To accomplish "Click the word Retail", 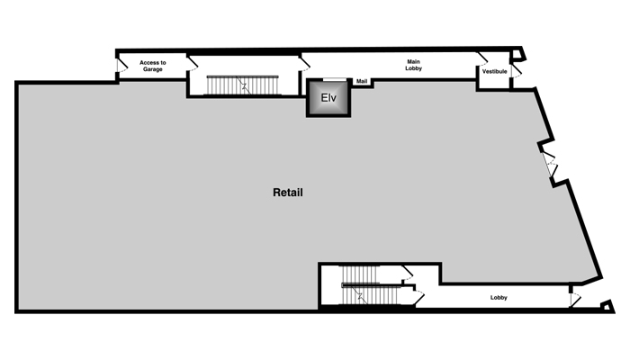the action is (288, 193).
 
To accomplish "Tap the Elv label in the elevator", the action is (328, 97).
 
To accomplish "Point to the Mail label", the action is (362, 81).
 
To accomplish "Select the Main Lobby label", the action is (413, 65).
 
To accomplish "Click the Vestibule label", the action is (495, 71).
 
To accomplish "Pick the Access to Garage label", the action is (153, 66).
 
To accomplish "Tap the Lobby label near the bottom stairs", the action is (499, 298).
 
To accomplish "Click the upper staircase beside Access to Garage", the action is (242, 85).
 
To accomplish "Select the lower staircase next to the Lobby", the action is (368, 285).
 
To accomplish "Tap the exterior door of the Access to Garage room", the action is (121, 66).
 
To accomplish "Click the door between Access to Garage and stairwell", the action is (193, 63).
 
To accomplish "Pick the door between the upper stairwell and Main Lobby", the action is (304, 63).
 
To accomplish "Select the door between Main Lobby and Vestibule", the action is (482, 58).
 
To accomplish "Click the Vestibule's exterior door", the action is (517, 71).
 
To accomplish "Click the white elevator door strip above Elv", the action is (335, 80).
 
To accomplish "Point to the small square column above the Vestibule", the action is (517, 54).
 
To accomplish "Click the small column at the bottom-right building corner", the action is (607, 307).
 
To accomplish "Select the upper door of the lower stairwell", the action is (408, 274).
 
